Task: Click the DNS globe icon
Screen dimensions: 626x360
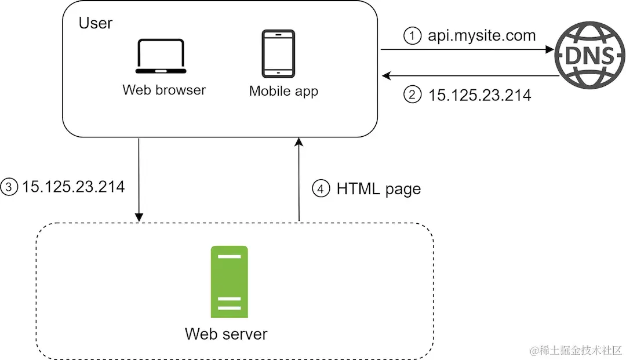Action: pos(589,55)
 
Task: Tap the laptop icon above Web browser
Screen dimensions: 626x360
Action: pos(161,56)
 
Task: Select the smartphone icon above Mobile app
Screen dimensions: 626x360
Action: pos(278,53)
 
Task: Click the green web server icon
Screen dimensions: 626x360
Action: pos(229,282)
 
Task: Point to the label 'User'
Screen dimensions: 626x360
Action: pos(96,23)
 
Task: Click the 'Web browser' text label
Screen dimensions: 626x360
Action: pos(164,90)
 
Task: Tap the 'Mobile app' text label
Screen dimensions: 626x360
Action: pos(283,91)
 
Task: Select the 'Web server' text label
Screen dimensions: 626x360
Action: pos(226,334)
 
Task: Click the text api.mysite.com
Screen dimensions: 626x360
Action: pos(482,35)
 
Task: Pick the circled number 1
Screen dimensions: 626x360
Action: pos(413,35)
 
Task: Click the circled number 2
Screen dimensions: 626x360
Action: pos(413,94)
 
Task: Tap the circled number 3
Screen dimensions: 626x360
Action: pos(9,187)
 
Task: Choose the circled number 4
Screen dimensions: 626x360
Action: pos(321,188)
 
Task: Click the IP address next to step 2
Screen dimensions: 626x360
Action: pos(479,95)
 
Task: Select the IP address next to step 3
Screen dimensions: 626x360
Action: pos(74,187)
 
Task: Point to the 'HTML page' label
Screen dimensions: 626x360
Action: pos(378,189)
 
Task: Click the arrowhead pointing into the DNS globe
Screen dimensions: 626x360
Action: pos(549,49)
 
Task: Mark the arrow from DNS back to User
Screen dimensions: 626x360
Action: pos(470,75)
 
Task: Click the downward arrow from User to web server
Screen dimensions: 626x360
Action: pos(139,180)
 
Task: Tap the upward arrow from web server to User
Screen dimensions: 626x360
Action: pos(299,179)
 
